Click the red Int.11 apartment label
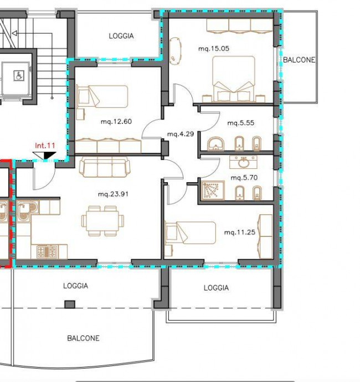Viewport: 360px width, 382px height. [x=45, y=146]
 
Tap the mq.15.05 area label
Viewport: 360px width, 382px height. [x=214, y=49]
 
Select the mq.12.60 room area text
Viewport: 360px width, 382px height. [x=116, y=121]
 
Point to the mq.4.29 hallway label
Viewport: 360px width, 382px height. [x=181, y=134]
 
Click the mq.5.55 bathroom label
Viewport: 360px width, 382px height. [x=241, y=123]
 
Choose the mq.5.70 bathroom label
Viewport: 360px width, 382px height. [x=244, y=178]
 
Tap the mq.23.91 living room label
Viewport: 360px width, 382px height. [x=113, y=194]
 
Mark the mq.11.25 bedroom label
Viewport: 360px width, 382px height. [x=240, y=232]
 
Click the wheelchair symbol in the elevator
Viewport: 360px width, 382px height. [x=18, y=75]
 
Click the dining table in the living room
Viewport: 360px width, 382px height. [x=102, y=221]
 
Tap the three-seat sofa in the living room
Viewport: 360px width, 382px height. [x=105, y=167]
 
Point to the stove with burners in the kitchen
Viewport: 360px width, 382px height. [x=47, y=252]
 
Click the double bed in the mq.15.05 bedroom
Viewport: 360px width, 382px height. [x=234, y=79]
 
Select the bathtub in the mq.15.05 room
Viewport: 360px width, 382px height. [x=175, y=51]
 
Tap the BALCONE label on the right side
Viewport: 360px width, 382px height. [x=299, y=60]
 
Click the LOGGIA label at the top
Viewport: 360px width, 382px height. [x=121, y=36]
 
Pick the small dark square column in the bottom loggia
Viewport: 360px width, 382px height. [x=70, y=304]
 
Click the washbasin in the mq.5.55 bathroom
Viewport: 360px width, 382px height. [x=215, y=143]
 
